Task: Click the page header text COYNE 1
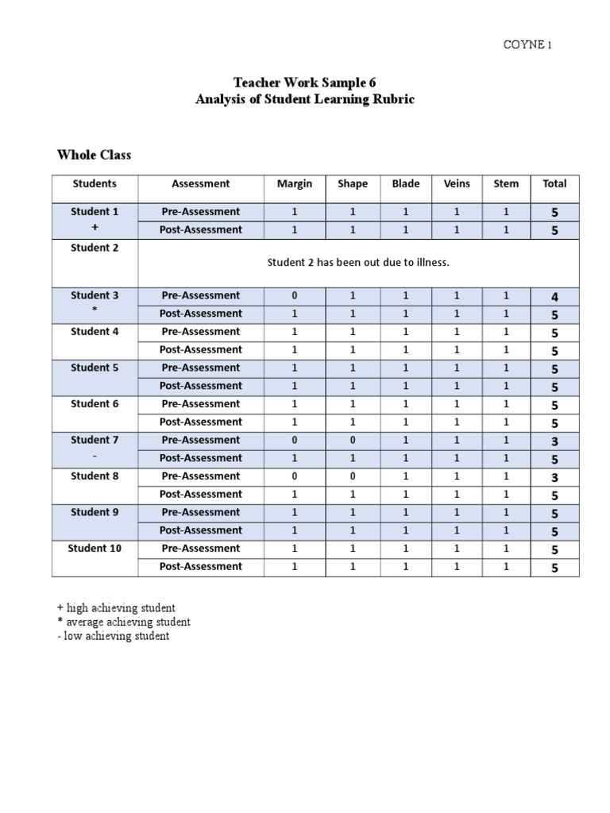(527, 44)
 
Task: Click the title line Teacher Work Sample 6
(304, 83)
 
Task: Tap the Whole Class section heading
(94, 155)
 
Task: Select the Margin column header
(295, 183)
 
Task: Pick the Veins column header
(457, 183)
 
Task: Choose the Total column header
(554, 183)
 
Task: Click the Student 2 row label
(95, 248)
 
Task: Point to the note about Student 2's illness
(358, 263)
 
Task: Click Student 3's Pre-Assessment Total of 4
(554, 296)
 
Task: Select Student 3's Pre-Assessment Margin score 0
(295, 295)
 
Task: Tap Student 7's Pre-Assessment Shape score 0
(353, 440)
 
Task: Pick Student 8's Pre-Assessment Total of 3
(554, 477)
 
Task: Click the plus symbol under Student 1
(95, 227)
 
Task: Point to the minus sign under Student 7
(95, 456)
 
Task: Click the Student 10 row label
(95, 548)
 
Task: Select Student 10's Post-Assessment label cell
(201, 566)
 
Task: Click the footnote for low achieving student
(110, 636)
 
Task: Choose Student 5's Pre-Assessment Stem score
(506, 368)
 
